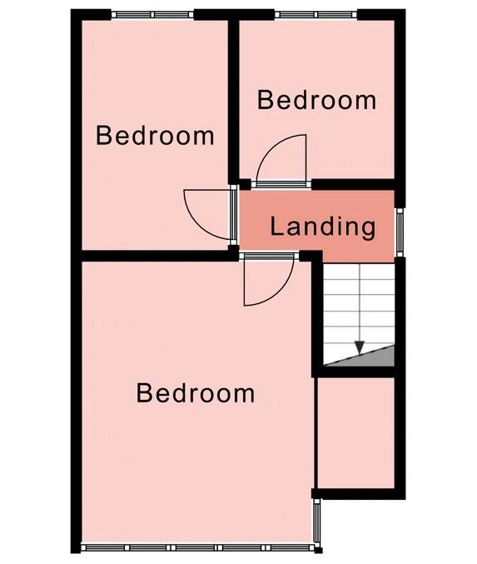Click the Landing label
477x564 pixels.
pos(322,227)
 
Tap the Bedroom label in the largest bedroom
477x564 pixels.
pos(196,392)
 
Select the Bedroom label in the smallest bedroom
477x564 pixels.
pos(316,100)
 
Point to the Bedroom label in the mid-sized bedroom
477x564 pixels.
pos(155,136)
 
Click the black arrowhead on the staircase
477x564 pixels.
pos(360,347)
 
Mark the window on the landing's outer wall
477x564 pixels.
pos(400,232)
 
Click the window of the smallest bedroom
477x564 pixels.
pos(316,15)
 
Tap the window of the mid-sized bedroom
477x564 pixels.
pos(152,15)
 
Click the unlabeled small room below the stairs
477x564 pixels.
pos(355,432)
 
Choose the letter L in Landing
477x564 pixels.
pos(276,226)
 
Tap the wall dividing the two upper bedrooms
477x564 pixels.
pos(234,102)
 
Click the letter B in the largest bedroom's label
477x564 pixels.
pos(144,392)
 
